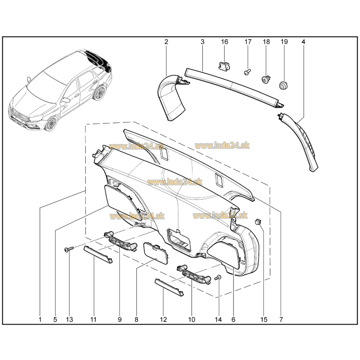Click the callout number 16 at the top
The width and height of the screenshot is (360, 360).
tap(224, 42)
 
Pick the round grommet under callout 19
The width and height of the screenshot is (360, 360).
tap(284, 86)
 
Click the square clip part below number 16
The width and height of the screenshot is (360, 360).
tap(224, 65)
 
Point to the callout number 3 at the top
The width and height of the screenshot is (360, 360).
tap(202, 42)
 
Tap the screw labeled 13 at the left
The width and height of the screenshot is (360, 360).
tap(69, 249)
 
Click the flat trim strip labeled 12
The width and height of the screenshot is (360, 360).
tap(169, 287)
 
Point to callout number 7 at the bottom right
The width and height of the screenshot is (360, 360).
tap(281, 319)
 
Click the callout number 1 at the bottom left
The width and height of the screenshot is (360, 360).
tap(40, 319)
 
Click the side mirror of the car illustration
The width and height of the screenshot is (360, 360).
tap(66, 99)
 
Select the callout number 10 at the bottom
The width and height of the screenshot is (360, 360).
tap(191, 319)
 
